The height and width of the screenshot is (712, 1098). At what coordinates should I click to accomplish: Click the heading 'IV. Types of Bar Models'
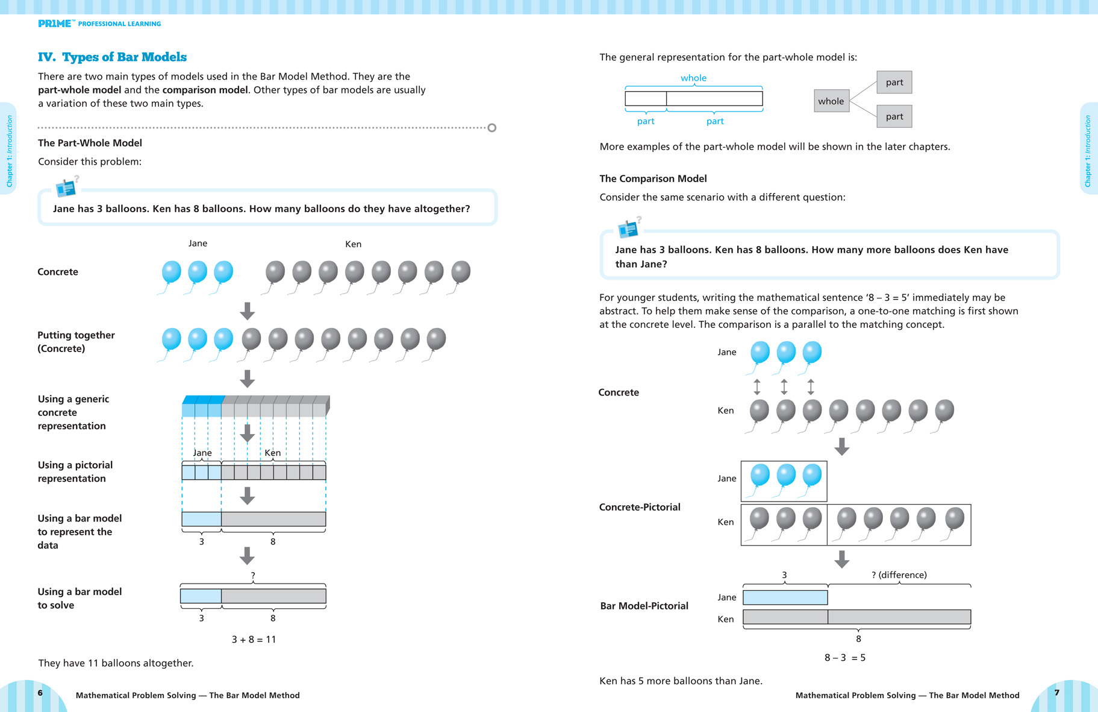pyautogui.click(x=112, y=57)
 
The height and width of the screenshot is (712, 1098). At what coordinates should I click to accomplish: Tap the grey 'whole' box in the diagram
pyautogui.click(x=831, y=101)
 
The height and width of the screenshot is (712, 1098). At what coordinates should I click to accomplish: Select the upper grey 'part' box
pyautogui.click(x=894, y=82)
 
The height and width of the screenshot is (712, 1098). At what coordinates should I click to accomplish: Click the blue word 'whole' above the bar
pyautogui.click(x=693, y=78)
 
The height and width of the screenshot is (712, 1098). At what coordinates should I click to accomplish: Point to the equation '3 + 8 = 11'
pyautogui.click(x=254, y=639)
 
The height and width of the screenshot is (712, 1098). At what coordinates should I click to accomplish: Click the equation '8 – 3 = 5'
pyautogui.click(x=844, y=657)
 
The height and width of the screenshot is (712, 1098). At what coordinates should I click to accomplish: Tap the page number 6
pyautogui.click(x=40, y=693)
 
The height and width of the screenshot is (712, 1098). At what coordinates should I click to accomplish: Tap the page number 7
pyautogui.click(x=1056, y=693)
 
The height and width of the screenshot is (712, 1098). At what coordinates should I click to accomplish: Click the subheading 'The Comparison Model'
pyautogui.click(x=653, y=178)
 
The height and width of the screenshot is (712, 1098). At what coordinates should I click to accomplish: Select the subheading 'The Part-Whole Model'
pyautogui.click(x=90, y=143)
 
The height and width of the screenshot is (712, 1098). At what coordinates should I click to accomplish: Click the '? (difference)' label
pyautogui.click(x=899, y=575)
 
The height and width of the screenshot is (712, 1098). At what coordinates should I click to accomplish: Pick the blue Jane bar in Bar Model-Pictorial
pyautogui.click(x=785, y=597)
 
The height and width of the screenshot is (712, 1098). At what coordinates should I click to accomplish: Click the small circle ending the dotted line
pyautogui.click(x=492, y=128)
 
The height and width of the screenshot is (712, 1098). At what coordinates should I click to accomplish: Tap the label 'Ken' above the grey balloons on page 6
pyautogui.click(x=353, y=244)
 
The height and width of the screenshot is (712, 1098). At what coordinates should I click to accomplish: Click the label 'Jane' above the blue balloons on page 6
pyautogui.click(x=198, y=244)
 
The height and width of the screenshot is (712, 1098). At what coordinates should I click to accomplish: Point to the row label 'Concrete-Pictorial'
pyautogui.click(x=640, y=507)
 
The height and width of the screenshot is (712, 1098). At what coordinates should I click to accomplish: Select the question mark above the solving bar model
pyautogui.click(x=253, y=576)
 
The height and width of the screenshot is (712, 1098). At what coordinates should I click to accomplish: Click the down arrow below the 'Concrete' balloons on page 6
pyautogui.click(x=247, y=311)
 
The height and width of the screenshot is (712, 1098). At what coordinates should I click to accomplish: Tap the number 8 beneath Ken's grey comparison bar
pyautogui.click(x=858, y=639)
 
